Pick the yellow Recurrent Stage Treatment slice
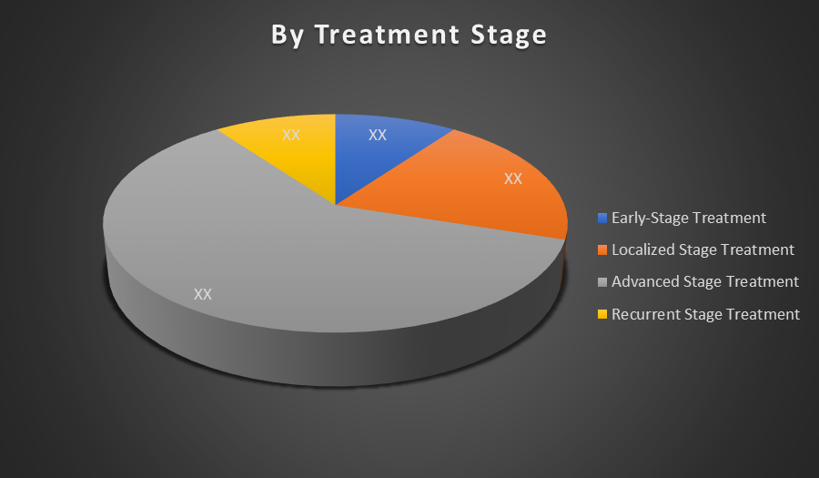(x=298, y=151)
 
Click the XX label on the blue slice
(x=377, y=136)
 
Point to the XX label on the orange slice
(x=513, y=179)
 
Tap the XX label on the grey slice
(x=203, y=295)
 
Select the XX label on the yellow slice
(x=291, y=136)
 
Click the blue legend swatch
(x=602, y=218)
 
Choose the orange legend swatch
(x=602, y=249)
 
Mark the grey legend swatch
(x=602, y=282)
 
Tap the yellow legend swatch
(x=602, y=314)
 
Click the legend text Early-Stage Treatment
(x=689, y=219)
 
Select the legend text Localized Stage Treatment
(x=703, y=250)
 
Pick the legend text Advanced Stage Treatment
(x=705, y=282)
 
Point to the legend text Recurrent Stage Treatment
(x=705, y=314)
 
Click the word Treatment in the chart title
(x=387, y=35)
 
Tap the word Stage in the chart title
(x=509, y=36)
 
